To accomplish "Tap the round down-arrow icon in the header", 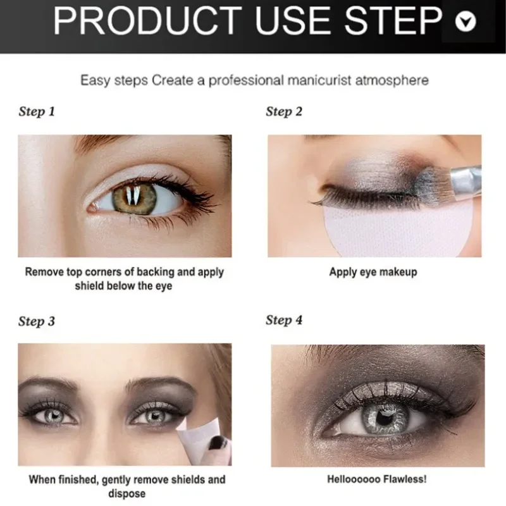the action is point(466,22).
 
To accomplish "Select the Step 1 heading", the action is point(37,112).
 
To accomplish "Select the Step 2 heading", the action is point(284,112).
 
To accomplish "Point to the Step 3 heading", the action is point(37,321).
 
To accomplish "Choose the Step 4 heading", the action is point(284,320).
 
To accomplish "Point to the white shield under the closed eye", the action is point(398,231).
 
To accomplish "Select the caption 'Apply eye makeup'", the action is point(373,272).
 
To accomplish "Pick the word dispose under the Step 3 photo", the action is point(127,494).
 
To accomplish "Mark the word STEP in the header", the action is point(393,21).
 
